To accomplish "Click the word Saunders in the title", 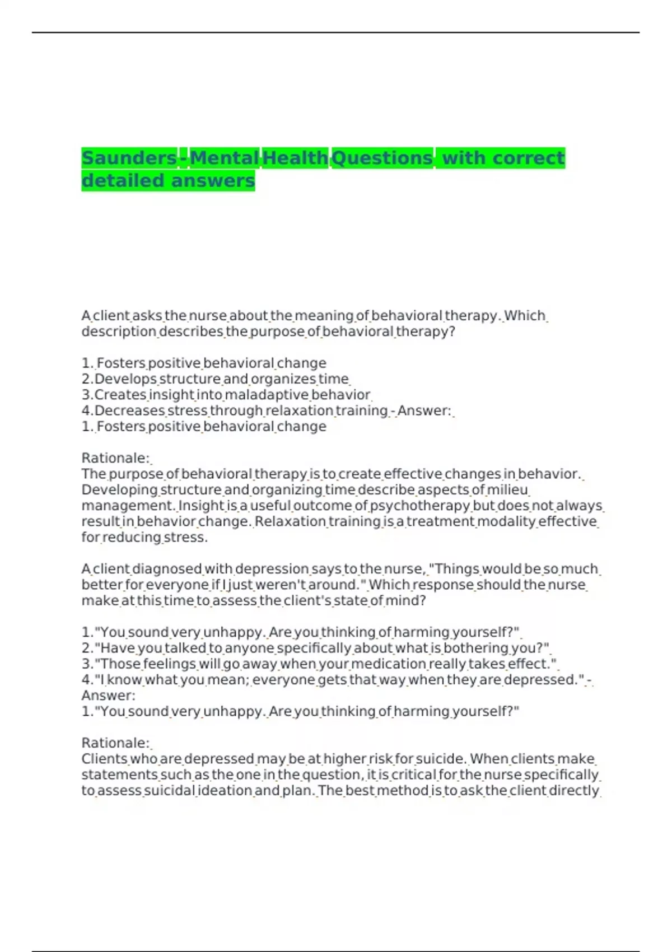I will point(129,158).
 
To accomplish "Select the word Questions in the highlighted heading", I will point(382,158).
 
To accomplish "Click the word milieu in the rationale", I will point(507,490).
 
